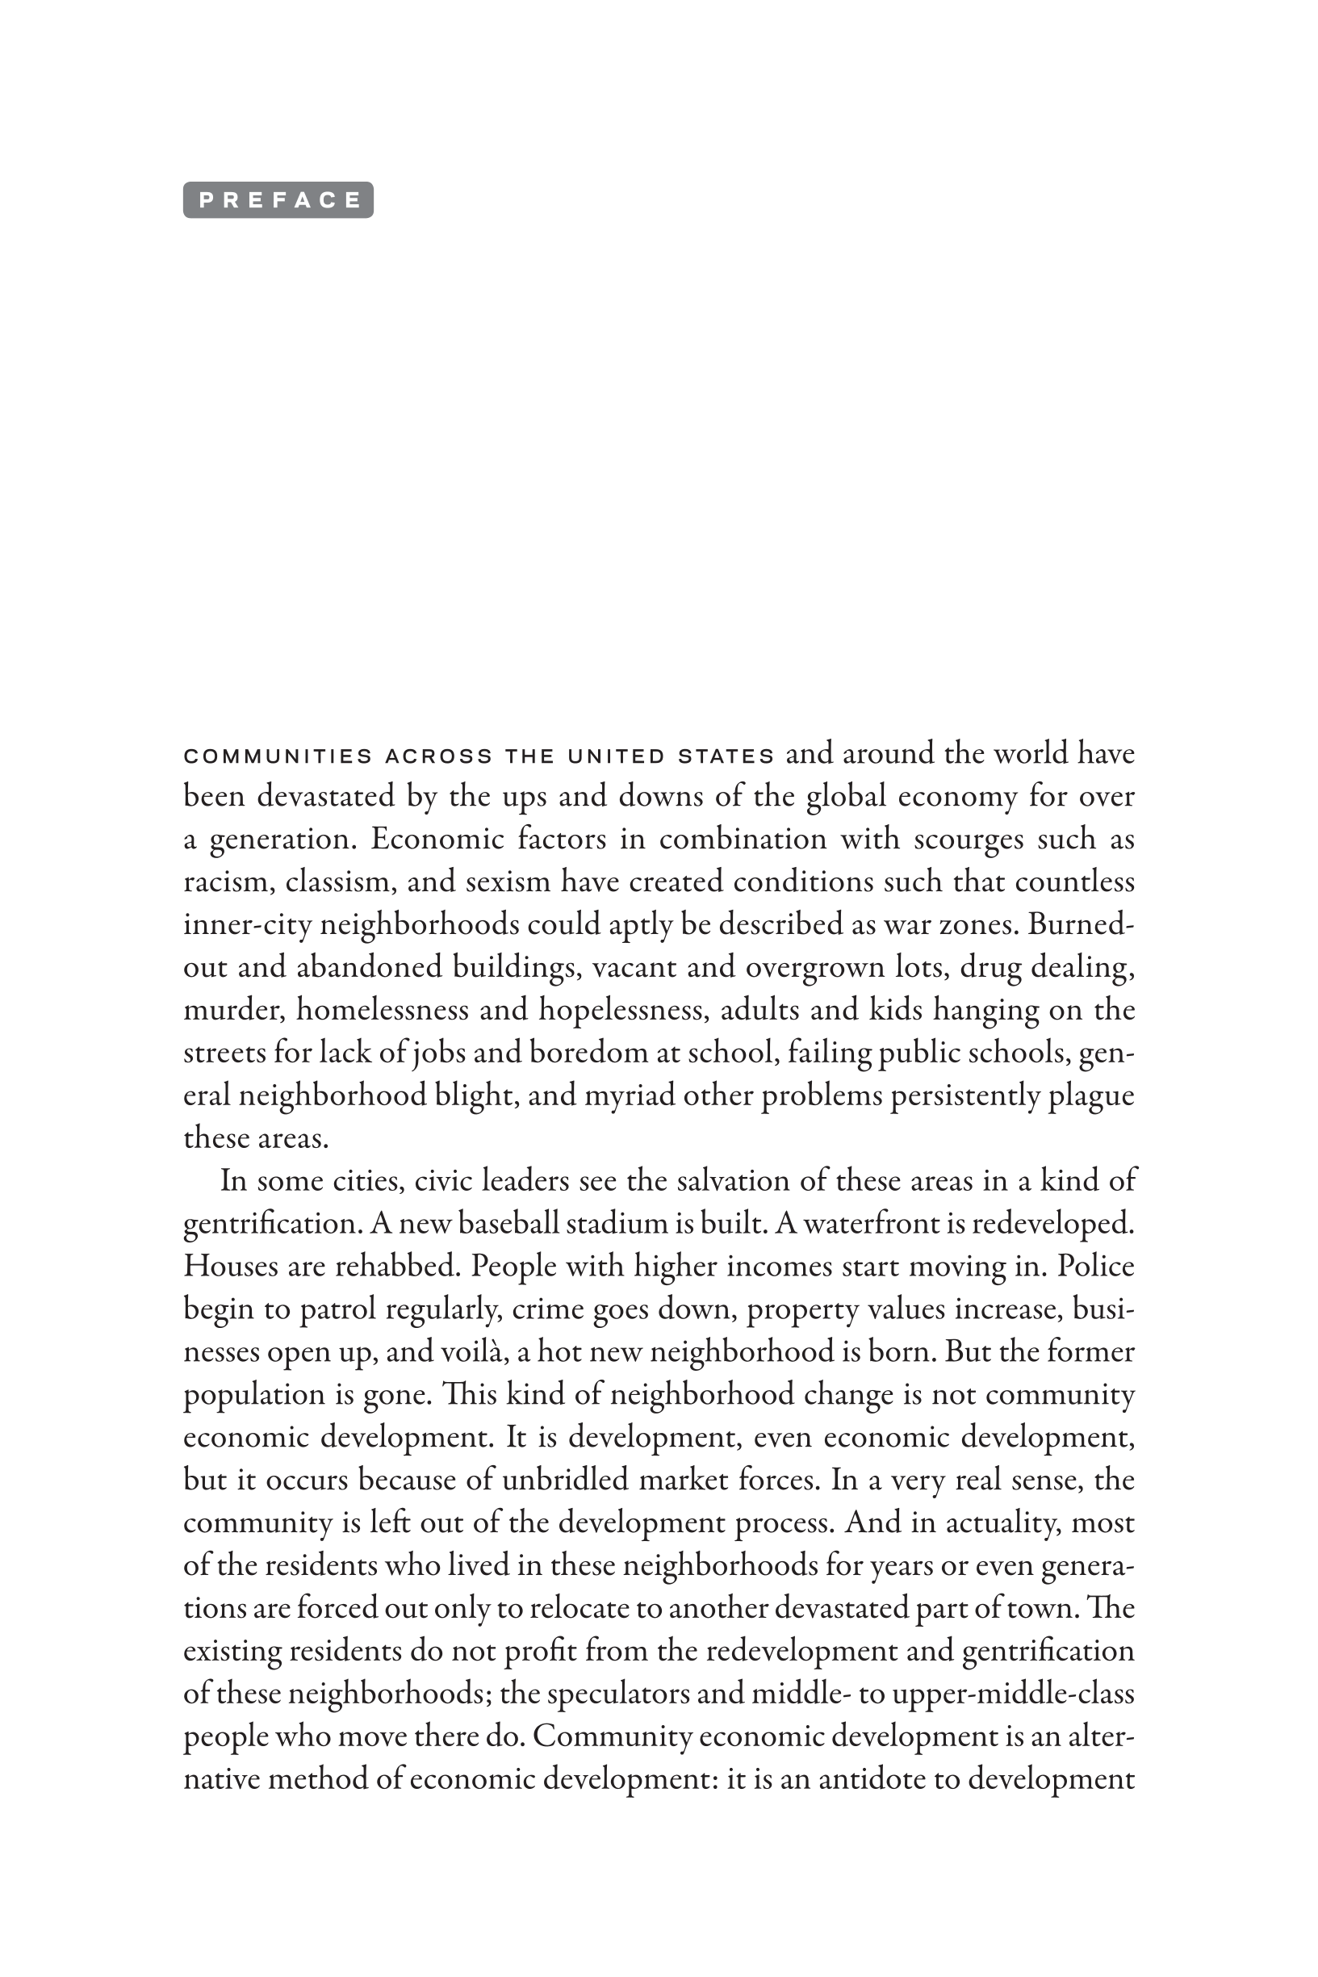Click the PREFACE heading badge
click(278, 200)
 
